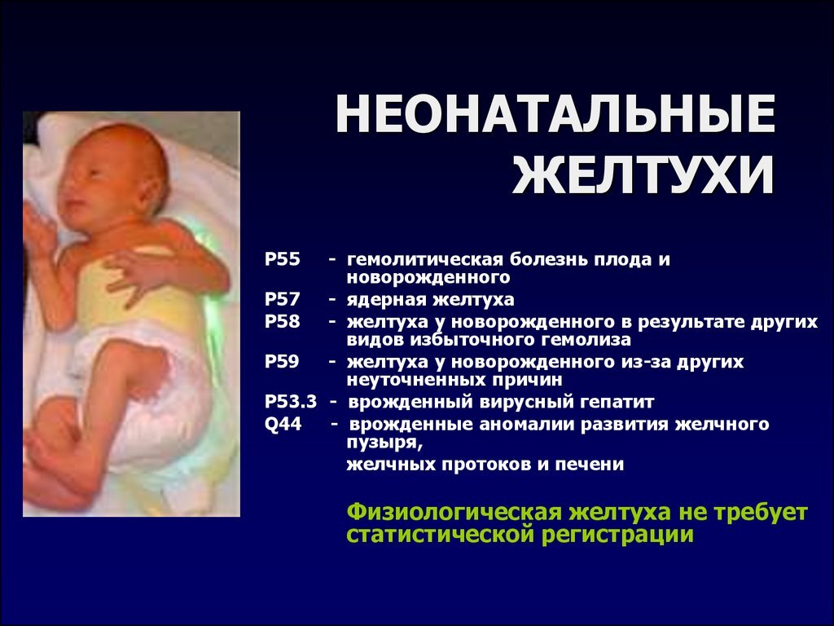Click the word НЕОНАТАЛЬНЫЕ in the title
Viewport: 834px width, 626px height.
(x=555, y=114)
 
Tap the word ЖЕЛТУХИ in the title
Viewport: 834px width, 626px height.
(x=643, y=174)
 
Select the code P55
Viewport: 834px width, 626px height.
(x=283, y=260)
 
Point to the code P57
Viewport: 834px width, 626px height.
(x=283, y=299)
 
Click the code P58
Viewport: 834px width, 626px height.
(x=283, y=322)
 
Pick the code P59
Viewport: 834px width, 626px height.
(x=282, y=361)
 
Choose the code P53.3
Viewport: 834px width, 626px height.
(x=291, y=401)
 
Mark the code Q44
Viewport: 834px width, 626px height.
(x=283, y=425)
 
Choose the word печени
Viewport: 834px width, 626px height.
(x=590, y=465)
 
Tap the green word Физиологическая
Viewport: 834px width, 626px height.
(x=454, y=514)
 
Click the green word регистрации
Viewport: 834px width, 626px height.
(x=617, y=535)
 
